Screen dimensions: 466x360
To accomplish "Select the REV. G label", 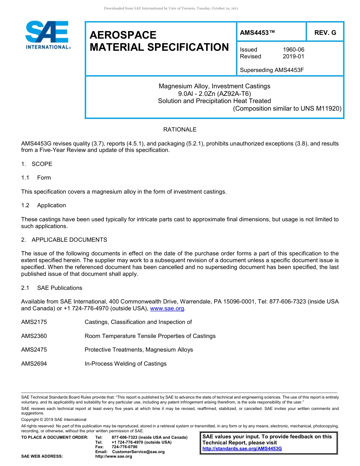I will coord(325,33).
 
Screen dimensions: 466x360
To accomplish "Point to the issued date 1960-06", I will coord(293,50).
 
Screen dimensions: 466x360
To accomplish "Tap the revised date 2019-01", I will coord(293,56).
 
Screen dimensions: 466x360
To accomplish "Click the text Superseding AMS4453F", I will coord(272,70).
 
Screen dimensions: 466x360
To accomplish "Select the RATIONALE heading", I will coord(180,130).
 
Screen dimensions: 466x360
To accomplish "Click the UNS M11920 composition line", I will coord(287,108).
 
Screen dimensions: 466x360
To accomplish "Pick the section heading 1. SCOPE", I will coord(37,164).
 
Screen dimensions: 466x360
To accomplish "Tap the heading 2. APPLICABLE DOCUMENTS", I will coord(64,240).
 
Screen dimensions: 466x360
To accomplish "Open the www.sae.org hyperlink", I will coord(167,309).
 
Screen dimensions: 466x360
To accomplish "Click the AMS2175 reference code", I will coord(34,322).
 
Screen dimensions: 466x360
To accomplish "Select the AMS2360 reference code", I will coord(34,336).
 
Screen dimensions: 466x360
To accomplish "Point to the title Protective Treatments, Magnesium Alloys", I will coord(139,350).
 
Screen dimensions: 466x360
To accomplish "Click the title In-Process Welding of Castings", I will coord(125,364).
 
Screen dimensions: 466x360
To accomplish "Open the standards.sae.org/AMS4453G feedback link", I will coord(242,449).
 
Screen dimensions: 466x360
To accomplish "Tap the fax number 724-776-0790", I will coord(124,447).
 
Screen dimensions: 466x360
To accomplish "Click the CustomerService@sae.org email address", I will coord(138,452).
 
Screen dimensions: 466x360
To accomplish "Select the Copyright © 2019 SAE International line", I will coord(54,419).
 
